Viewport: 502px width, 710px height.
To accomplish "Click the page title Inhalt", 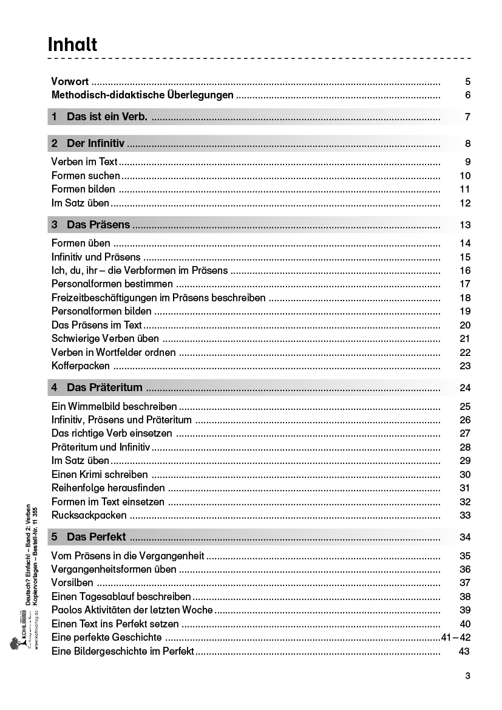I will pyautogui.click(x=72, y=44).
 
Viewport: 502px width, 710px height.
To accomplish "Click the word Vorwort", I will pyautogui.click(x=70, y=81).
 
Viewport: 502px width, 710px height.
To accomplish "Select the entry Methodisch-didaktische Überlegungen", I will pyautogui.click(x=142, y=95).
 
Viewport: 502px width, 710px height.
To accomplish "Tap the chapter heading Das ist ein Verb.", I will pyautogui.click(x=107, y=117).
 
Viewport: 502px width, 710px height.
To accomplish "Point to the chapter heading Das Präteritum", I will pyautogui.click(x=104, y=387).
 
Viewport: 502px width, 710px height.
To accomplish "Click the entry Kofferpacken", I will pyautogui.click(x=81, y=366).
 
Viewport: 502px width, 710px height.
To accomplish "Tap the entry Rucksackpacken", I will pyautogui.click(x=89, y=515).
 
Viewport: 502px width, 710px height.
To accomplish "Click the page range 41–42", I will pyautogui.click(x=456, y=637).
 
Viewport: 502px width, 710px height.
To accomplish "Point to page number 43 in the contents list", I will pyautogui.click(x=465, y=651).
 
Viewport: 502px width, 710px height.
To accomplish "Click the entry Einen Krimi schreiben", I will pyautogui.click(x=100, y=474).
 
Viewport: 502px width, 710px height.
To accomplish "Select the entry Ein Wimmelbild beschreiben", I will pyautogui.click(x=114, y=406).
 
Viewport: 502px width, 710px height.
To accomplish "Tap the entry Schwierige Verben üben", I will pyautogui.click(x=105, y=338).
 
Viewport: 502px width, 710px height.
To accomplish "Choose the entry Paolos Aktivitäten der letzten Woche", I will pyautogui.click(x=132, y=610).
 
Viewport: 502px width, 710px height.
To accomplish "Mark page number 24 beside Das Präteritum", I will pyautogui.click(x=465, y=388).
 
